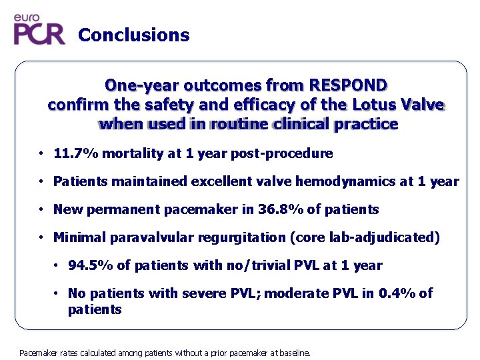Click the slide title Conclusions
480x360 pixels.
point(133,35)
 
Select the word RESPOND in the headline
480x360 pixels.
point(347,85)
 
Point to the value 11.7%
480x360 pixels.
point(74,154)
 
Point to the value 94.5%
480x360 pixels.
point(90,265)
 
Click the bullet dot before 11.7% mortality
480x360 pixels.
point(41,154)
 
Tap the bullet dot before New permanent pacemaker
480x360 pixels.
point(41,209)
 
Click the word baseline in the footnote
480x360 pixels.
point(294,353)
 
